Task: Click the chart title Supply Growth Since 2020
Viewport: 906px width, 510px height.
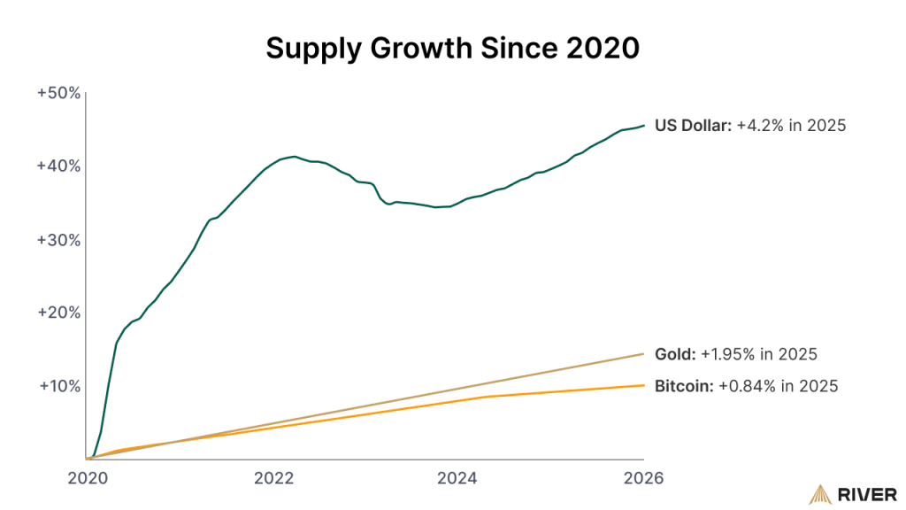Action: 452,50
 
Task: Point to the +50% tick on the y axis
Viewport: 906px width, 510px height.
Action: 59,92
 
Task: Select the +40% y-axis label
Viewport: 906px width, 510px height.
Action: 59,166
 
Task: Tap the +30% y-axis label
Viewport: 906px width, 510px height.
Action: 59,239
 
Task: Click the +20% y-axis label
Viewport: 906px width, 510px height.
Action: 59,313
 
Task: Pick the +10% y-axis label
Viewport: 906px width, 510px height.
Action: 59,386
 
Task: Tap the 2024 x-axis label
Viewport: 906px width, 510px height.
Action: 458,478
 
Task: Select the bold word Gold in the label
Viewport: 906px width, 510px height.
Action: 674,354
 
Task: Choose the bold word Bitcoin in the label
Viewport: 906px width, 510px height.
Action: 681,386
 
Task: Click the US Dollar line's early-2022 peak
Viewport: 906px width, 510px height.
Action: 294,157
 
